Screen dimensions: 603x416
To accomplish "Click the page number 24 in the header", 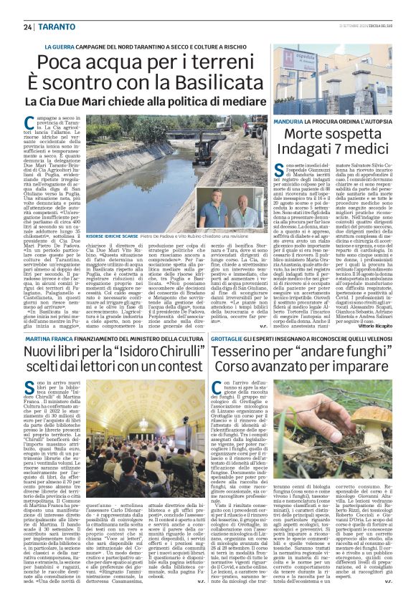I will [28, 26].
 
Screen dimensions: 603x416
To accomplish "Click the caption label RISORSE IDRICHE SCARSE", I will [115, 236].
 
